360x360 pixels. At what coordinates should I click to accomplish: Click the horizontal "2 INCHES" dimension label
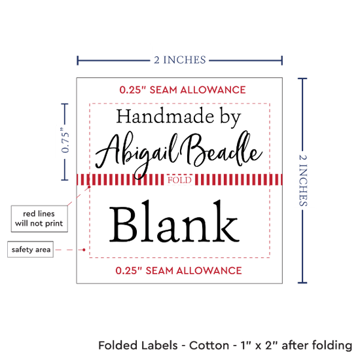tap(180, 60)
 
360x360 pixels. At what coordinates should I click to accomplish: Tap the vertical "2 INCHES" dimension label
tap(303, 180)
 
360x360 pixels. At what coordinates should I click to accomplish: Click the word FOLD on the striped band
tap(179, 180)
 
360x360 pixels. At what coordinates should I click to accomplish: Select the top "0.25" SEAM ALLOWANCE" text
tap(183, 90)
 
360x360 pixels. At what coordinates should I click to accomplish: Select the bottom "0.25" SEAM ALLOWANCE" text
tap(179, 270)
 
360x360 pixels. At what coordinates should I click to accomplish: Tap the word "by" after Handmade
tap(230, 118)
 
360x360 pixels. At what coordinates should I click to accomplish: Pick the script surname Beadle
tap(221, 149)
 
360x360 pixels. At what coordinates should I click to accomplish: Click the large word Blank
tap(175, 221)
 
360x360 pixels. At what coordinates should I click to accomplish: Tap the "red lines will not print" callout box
tap(39, 219)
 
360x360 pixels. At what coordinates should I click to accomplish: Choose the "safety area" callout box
tap(31, 249)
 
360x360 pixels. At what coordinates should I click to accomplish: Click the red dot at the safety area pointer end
tap(84, 249)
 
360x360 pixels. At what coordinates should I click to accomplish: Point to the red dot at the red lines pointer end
tap(89, 187)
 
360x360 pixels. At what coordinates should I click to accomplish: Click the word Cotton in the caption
tap(209, 346)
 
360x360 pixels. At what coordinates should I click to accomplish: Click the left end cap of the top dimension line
tap(78, 60)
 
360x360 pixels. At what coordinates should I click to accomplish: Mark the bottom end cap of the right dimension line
tap(302, 282)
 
